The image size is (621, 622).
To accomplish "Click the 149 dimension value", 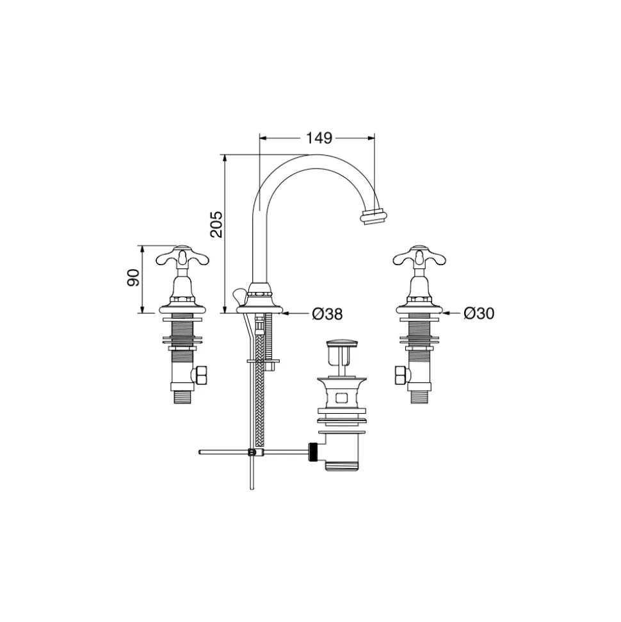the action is (x=319, y=138).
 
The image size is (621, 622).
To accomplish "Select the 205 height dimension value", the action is (x=216, y=225).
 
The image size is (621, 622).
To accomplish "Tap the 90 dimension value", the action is (x=133, y=277).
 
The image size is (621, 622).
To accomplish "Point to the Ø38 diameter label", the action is (x=327, y=314).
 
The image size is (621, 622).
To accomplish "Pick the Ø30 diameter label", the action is (x=479, y=313).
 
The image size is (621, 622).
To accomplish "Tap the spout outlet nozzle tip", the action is (x=373, y=217).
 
